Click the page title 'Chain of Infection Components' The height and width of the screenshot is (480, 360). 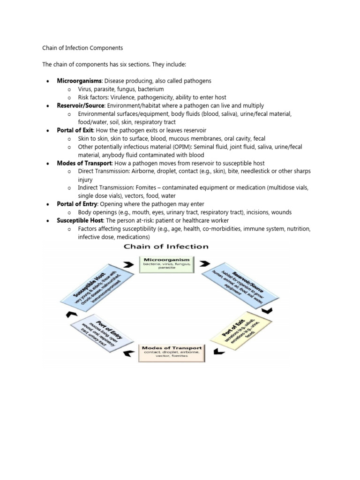[x=82, y=47]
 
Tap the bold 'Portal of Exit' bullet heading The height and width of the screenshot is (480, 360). [x=75, y=130]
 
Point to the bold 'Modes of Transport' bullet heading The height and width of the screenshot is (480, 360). [x=84, y=163]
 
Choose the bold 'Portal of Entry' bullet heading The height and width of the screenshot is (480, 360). [x=77, y=204]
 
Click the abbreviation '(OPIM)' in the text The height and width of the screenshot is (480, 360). [x=161, y=147]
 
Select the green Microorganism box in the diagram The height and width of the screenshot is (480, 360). [x=167, y=264]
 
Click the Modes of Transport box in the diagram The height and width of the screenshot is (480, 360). [x=172, y=352]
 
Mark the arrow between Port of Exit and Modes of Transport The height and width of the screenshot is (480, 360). [x=216, y=351]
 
